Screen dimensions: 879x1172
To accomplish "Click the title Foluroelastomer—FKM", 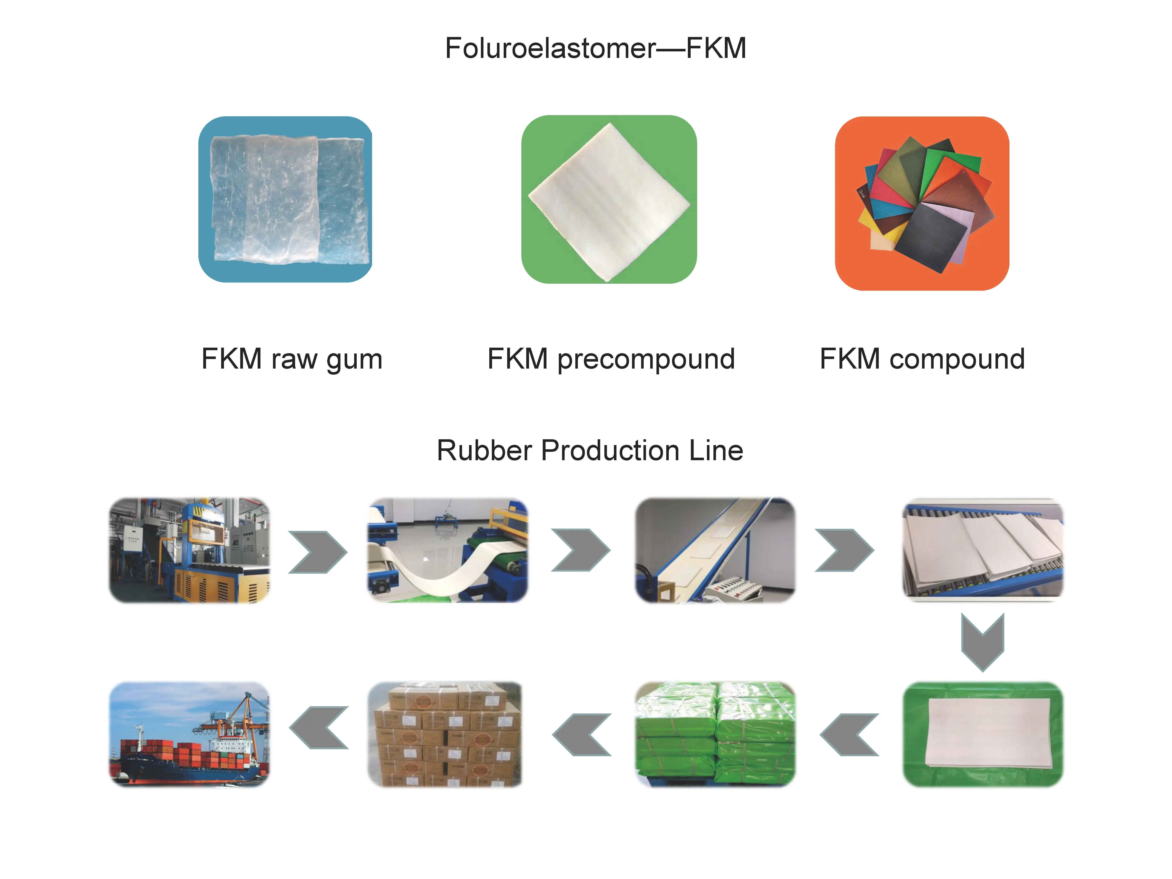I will (x=596, y=49).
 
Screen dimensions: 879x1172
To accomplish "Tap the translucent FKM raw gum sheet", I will (x=286, y=199).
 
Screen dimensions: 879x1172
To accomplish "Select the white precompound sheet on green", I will (x=609, y=201).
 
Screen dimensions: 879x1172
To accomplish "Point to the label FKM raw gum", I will (x=292, y=359).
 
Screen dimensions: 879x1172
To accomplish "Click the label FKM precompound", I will (x=611, y=359).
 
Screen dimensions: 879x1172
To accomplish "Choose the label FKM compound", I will (x=922, y=359).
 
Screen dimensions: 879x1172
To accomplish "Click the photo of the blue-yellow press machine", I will (x=189, y=550).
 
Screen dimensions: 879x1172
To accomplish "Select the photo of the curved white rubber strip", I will (x=448, y=550).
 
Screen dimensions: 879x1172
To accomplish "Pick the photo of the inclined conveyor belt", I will (x=715, y=550).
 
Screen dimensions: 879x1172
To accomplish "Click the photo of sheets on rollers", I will (x=983, y=550).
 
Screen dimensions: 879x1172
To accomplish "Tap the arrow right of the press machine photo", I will (x=318, y=552).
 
